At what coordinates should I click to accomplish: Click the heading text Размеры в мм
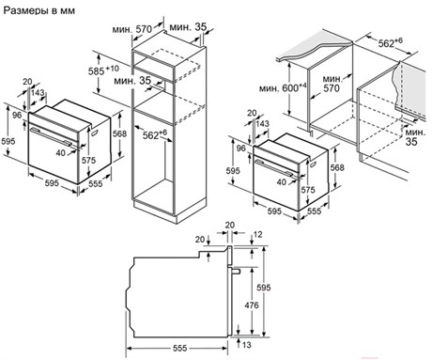point(39,10)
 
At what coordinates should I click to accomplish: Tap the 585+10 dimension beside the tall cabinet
point(103,70)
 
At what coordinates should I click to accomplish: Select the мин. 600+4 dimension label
point(283,87)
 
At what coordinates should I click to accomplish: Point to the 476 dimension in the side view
point(253,305)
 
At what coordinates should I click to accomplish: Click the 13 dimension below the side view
point(247,345)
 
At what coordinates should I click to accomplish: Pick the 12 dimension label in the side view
point(258,234)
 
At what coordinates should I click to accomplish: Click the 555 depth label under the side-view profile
point(180,348)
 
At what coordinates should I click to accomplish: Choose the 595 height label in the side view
point(264,287)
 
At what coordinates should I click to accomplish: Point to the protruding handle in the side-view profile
point(236,271)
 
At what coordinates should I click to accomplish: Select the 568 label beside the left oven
point(119,133)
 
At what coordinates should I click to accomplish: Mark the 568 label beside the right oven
point(337,167)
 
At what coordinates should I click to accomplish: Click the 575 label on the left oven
point(88,160)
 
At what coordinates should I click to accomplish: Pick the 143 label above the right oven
point(262,123)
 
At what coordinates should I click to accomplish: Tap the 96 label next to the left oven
point(17,115)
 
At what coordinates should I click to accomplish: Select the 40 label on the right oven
point(282,181)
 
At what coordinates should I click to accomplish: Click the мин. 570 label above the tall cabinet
point(132,29)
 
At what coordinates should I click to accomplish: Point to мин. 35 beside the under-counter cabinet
point(415,136)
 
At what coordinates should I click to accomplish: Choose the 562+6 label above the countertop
point(390,42)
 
